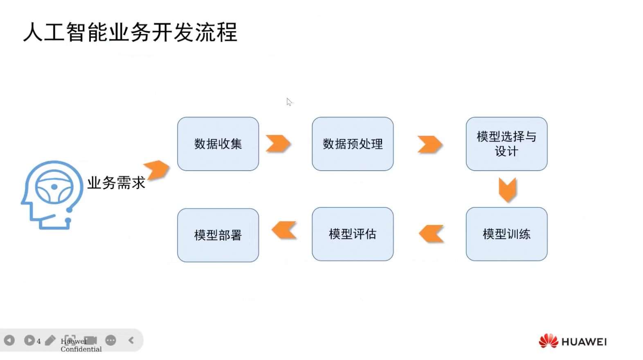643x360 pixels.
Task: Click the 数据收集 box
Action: coord(218,144)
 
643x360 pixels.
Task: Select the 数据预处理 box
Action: coord(353,144)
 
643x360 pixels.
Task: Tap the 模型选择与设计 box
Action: coord(506,144)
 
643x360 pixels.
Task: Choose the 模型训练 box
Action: coord(506,234)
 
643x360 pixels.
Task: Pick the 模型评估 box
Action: coord(353,234)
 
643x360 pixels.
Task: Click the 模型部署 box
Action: coord(218,235)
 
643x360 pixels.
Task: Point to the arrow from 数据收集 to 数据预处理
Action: coord(278,143)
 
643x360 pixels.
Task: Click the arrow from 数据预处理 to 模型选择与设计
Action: coord(429,144)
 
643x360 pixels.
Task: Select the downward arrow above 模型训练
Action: coord(507,189)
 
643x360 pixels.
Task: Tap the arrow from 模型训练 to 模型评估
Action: coord(431,234)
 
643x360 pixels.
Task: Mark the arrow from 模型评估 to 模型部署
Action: coord(284,230)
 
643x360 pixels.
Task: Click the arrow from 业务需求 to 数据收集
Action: coord(156,170)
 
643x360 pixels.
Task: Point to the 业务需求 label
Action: coord(116,183)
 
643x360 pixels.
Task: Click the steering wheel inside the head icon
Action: coord(54,187)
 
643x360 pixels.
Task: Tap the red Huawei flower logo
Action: coord(548,341)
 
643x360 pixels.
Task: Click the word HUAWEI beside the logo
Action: coord(584,342)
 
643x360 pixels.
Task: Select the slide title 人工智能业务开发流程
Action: coord(130,32)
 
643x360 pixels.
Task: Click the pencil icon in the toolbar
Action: coord(50,340)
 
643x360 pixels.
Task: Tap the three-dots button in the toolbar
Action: coord(110,340)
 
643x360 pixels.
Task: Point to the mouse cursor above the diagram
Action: coord(289,102)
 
